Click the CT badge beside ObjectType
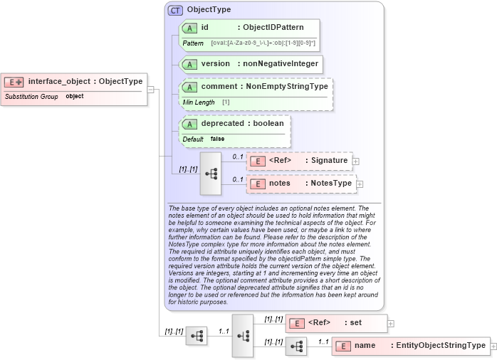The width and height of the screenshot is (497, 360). [175, 11]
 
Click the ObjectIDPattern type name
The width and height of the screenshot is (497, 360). [273, 28]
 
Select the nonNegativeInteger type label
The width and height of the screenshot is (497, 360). [278, 64]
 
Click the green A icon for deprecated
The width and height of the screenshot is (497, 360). [190, 124]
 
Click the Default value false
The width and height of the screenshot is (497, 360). [217, 139]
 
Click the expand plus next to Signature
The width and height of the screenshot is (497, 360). [356, 162]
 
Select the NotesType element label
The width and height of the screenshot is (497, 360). [330, 184]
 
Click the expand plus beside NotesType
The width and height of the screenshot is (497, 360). [360, 184]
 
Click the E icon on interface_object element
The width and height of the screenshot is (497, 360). [15, 82]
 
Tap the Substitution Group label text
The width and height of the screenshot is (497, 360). [31, 96]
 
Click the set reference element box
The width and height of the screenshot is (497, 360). [336, 323]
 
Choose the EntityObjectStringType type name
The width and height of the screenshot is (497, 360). [441, 346]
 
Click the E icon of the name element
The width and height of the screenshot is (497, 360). [343, 346]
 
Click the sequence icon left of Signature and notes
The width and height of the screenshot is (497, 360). [211, 173]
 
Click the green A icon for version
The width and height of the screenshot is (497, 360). [190, 64]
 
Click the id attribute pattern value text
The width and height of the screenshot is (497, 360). [263, 43]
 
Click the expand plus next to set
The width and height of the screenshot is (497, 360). [391, 323]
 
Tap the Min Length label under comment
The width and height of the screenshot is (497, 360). [199, 102]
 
